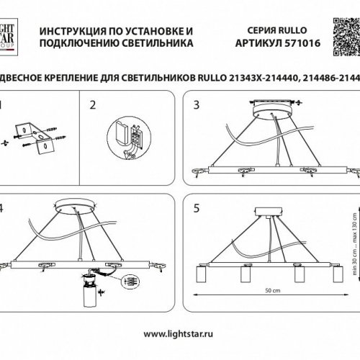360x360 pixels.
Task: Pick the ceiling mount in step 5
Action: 271,215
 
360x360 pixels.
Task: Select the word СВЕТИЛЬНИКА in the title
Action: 155,44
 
